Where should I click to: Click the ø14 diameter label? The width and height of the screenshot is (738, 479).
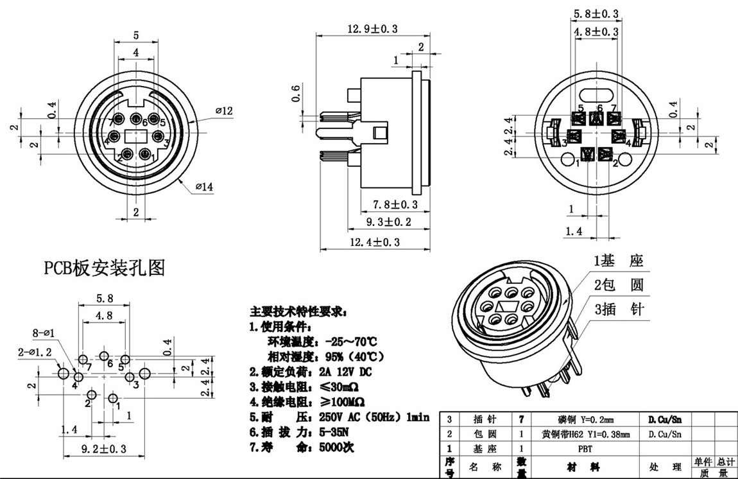205,187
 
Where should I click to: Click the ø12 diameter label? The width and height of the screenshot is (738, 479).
223,111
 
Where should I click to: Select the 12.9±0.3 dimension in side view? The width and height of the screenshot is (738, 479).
372,29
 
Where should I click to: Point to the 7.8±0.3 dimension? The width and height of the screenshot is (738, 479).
395,205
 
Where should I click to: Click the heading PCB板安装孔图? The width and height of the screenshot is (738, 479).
104,268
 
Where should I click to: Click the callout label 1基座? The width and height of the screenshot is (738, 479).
617,261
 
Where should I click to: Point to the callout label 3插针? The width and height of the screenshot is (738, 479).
617,309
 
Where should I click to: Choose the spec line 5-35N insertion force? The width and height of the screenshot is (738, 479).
301,431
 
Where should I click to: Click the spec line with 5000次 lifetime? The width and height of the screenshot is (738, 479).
301,447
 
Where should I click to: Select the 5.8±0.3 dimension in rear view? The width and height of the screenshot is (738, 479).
597,13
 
